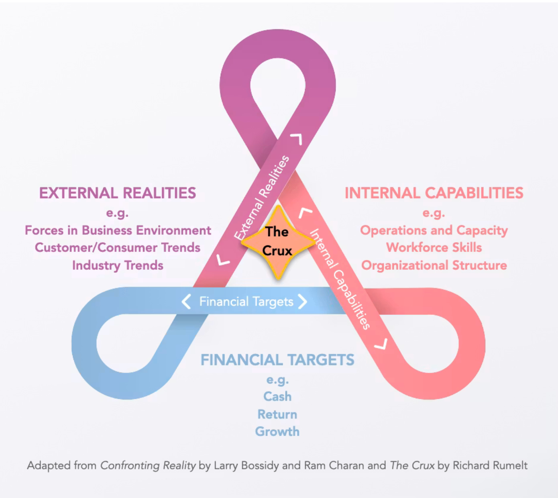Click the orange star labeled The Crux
(x=278, y=243)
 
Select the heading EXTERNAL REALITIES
(x=118, y=193)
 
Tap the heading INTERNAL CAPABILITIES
(x=434, y=193)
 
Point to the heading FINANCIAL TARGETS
(x=277, y=360)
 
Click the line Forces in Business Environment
(x=118, y=230)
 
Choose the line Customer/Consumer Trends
(x=118, y=247)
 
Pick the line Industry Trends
(x=118, y=265)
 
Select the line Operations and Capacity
(x=434, y=231)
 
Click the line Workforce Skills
(x=434, y=247)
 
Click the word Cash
(x=277, y=396)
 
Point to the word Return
(x=277, y=414)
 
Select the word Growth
(x=277, y=432)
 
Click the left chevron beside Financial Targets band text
(x=186, y=302)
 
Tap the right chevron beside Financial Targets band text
(x=303, y=302)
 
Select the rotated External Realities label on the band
(x=262, y=197)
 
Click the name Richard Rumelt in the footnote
(x=490, y=465)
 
